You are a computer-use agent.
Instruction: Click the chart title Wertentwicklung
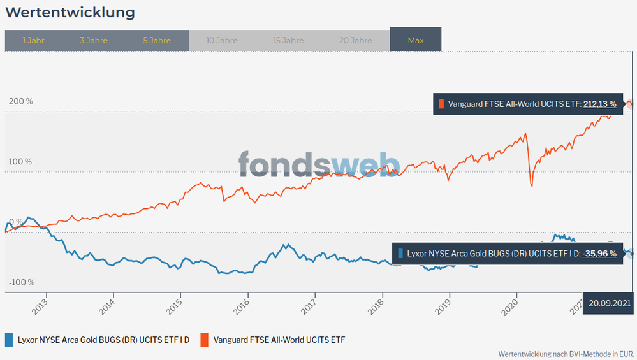[x=70, y=12]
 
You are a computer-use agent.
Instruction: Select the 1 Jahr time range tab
[x=33, y=40]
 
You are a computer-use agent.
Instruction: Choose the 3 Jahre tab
[x=94, y=40]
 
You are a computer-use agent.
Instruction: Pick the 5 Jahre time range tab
[x=156, y=40]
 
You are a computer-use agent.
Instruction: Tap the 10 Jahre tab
[x=222, y=40]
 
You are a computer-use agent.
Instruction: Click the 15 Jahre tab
[x=288, y=40]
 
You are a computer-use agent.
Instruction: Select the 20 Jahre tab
[x=355, y=40]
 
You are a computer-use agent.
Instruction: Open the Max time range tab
[x=416, y=40]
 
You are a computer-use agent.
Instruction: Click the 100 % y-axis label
[x=20, y=162]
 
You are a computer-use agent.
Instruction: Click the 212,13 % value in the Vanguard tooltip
[x=599, y=104]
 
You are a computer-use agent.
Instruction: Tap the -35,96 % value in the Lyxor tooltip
[x=599, y=254]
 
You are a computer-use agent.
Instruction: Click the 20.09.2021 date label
[x=609, y=303]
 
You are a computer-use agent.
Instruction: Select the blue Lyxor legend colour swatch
[x=9, y=340]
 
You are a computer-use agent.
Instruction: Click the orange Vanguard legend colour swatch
[x=205, y=340]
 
